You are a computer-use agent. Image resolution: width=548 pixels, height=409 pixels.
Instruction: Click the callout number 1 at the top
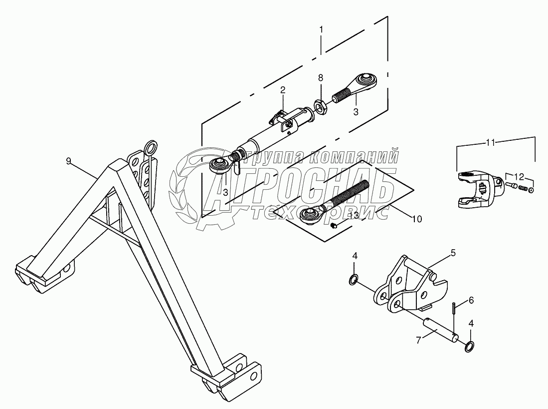coord(321,30)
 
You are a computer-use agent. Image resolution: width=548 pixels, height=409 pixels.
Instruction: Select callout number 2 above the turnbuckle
coord(282,90)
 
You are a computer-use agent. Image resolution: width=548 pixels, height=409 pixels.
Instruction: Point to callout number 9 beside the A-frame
coord(69,161)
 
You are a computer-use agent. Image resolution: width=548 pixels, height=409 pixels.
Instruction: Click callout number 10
coord(416,218)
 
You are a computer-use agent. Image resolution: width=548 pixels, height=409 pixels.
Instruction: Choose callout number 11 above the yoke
coord(491,143)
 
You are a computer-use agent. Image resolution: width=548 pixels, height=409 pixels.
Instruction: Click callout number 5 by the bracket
coord(453,253)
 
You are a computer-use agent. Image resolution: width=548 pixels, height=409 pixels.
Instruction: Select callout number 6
coord(471,300)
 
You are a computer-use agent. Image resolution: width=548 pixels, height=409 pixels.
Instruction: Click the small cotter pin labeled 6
coord(454,309)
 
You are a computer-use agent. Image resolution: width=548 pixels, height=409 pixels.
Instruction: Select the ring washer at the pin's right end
coord(470,346)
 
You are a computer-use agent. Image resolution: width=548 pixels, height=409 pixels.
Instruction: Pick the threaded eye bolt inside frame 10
coord(339,200)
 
